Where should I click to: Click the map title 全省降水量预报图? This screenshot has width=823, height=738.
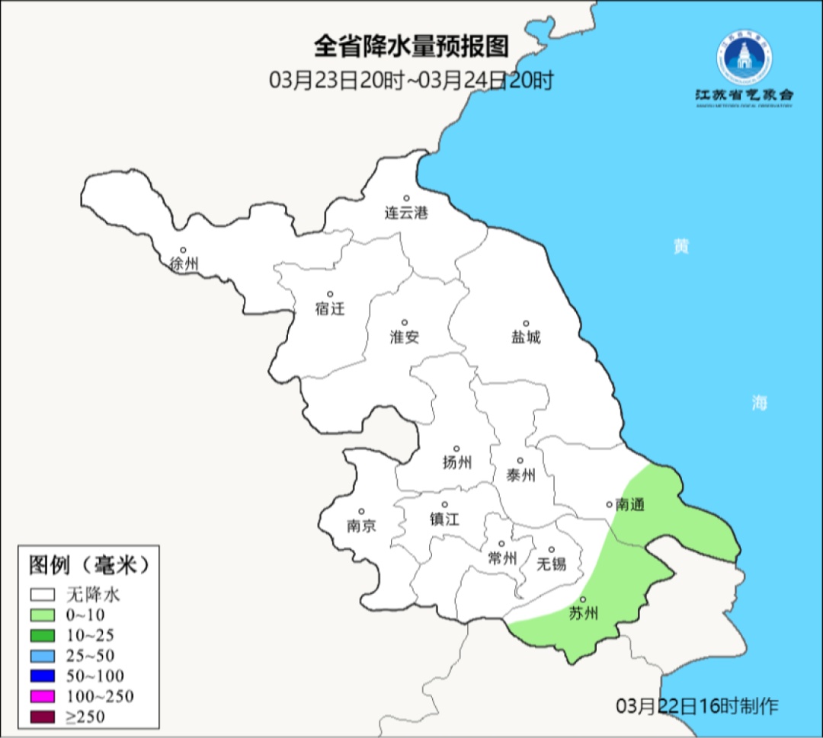click(x=411, y=47)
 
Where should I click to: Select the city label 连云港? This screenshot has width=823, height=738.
click(x=406, y=213)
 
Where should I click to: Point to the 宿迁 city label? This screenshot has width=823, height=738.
click(x=330, y=308)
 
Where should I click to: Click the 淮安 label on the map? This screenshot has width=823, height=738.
click(x=405, y=337)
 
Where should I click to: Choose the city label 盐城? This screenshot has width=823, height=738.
click(x=526, y=337)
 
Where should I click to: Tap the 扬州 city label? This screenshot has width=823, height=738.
click(x=457, y=462)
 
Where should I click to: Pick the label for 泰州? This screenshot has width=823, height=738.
click(x=520, y=475)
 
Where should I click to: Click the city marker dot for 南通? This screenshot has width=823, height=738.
click(x=609, y=503)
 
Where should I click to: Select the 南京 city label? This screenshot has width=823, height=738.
click(x=361, y=526)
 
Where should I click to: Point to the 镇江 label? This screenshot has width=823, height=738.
click(x=445, y=519)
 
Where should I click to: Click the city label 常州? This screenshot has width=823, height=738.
click(x=502, y=558)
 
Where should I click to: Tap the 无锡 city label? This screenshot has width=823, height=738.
click(x=552, y=564)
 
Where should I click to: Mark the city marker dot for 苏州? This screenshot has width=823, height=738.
click(x=583, y=599)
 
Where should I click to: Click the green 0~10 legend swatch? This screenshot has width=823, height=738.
click(x=43, y=615)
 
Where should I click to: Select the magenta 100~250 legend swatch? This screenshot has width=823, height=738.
click(x=43, y=696)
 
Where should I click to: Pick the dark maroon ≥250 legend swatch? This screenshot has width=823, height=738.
click(x=43, y=716)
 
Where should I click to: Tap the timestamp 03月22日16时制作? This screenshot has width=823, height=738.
click(x=697, y=706)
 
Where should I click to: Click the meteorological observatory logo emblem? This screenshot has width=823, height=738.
click(x=744, y=59)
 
